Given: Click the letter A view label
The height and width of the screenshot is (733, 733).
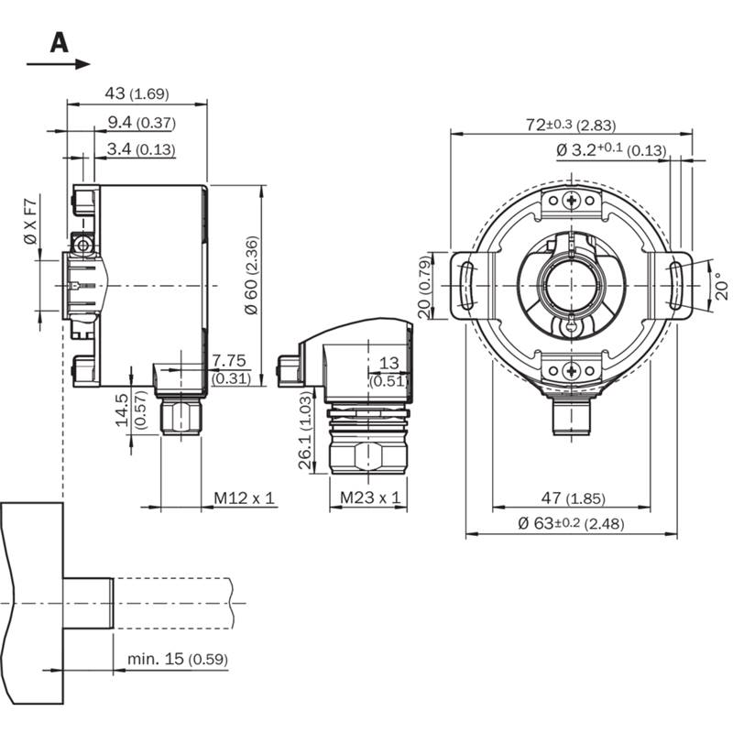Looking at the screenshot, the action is [x=60, y=42].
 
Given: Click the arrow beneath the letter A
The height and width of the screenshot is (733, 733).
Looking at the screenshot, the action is [x=58, y=64].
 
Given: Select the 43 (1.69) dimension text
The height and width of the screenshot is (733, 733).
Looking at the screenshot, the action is [x=137, y=93].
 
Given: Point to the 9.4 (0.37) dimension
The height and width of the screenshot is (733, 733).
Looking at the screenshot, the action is [x=142, y=123].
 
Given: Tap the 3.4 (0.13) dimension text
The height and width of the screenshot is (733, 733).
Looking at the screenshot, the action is [x=141, y=149].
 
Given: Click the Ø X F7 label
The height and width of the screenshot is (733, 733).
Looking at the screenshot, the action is [x=30, y=222].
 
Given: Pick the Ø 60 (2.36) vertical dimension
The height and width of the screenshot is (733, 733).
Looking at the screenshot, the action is [x=251, y=276].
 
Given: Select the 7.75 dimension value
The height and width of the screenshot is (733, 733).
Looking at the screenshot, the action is [x=228, y=360].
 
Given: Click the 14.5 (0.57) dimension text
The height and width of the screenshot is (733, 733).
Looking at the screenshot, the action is [x=130, y=410].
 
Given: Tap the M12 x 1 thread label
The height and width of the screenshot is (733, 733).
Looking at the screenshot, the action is [x=244, y=498].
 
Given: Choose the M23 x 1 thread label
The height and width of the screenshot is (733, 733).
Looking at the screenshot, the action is [x=370, y=498].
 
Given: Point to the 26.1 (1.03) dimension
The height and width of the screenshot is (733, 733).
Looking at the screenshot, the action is [x=305, y=430].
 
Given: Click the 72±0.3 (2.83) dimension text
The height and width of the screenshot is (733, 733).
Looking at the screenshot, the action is [x=571, y=125].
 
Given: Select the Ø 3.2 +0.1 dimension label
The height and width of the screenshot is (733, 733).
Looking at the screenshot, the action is [x=611, y=149].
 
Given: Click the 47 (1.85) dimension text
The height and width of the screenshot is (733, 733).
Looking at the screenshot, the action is [x=574, y=498].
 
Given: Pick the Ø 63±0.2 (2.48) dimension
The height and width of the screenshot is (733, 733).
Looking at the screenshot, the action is [x=571, y=523].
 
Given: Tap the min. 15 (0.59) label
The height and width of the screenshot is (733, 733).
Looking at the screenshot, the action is [x=178, y=659].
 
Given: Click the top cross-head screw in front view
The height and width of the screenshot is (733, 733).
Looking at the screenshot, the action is [x=571, y=201].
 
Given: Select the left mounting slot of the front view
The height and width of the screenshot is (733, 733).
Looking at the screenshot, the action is [x=467, y=286].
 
